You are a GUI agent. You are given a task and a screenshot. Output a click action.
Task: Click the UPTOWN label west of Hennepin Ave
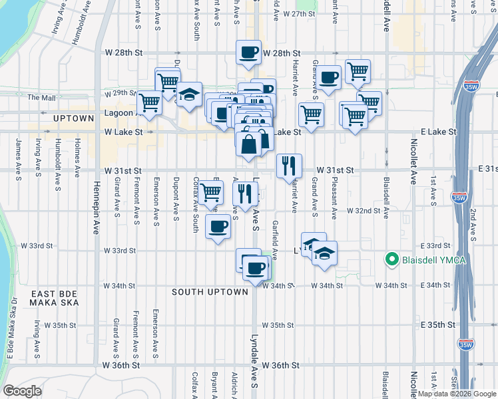tap(75, 118)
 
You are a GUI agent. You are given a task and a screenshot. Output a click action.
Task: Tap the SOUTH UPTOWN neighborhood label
tap(210, 292)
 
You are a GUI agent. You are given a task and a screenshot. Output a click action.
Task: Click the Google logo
tap(23, 390)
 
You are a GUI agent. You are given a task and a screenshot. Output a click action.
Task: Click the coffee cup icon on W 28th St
tap(249, 51)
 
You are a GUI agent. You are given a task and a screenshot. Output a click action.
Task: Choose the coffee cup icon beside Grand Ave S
tap(329, 77)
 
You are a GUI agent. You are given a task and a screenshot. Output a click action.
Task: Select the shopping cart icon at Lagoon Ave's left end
tap(150, 102)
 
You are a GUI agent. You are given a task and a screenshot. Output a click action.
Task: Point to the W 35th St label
tap(278, 325)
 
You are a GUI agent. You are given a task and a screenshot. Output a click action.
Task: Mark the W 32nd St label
tap(363, 211)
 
